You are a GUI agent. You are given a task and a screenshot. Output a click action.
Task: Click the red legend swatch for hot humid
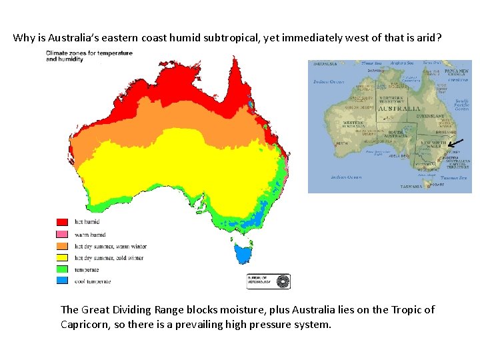(x=62, y=222)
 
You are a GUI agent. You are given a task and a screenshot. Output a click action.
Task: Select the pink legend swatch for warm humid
(x=62, y=234)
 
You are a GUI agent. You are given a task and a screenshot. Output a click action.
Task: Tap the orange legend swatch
(x=62, y=246)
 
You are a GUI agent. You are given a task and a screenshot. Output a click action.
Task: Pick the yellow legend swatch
(x=62, y=257)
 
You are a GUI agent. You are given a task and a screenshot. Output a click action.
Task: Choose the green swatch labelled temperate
(x=62, y=269)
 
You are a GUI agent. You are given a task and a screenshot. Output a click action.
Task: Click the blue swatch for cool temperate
(x=62, y=281)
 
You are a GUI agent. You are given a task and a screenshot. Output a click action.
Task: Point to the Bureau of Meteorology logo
(x=269, y=281)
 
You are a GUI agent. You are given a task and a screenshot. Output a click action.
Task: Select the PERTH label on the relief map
(x=341, y=143)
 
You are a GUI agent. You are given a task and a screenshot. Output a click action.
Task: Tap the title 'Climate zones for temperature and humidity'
(x=78, y=55)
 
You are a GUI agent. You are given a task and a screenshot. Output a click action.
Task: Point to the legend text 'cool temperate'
(x=92, y=281)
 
